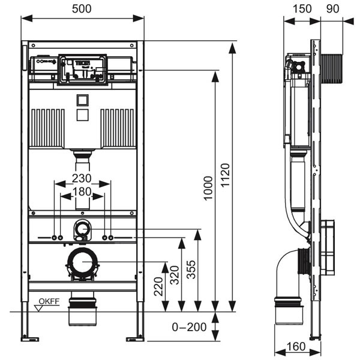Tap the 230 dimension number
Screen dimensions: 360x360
tap(82, 178)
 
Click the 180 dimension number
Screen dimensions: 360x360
tap(82, 191)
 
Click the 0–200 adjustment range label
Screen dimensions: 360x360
tap(189, 327)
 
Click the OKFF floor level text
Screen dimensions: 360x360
tap(50, 302)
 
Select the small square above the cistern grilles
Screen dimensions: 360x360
tap(82, 100)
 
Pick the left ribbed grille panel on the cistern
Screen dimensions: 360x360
tap(47, 127)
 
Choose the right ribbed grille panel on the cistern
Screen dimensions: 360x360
tap(118, 127)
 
